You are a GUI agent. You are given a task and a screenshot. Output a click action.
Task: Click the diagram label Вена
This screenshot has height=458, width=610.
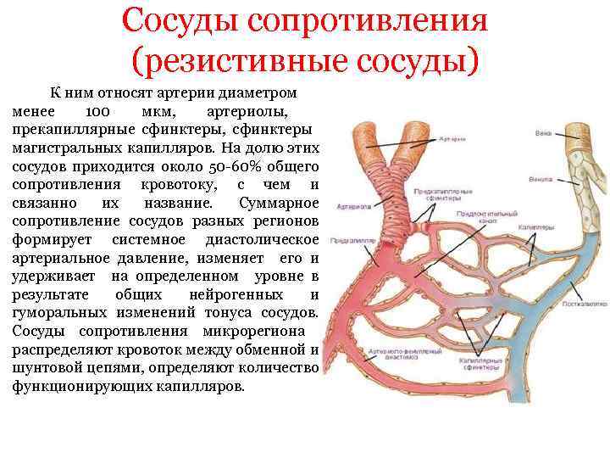coord(544,133)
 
